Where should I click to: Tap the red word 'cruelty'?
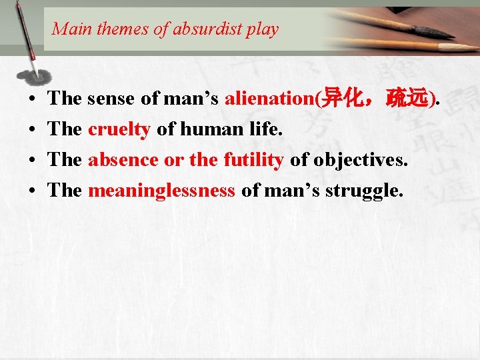pos(119,129)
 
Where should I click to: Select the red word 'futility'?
pos(254,160)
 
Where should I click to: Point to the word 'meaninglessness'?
pos(161,191)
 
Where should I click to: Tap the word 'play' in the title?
pos(263,29)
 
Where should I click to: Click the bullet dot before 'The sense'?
pos(33,99)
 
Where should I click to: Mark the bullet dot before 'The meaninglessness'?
pos(33,191)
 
